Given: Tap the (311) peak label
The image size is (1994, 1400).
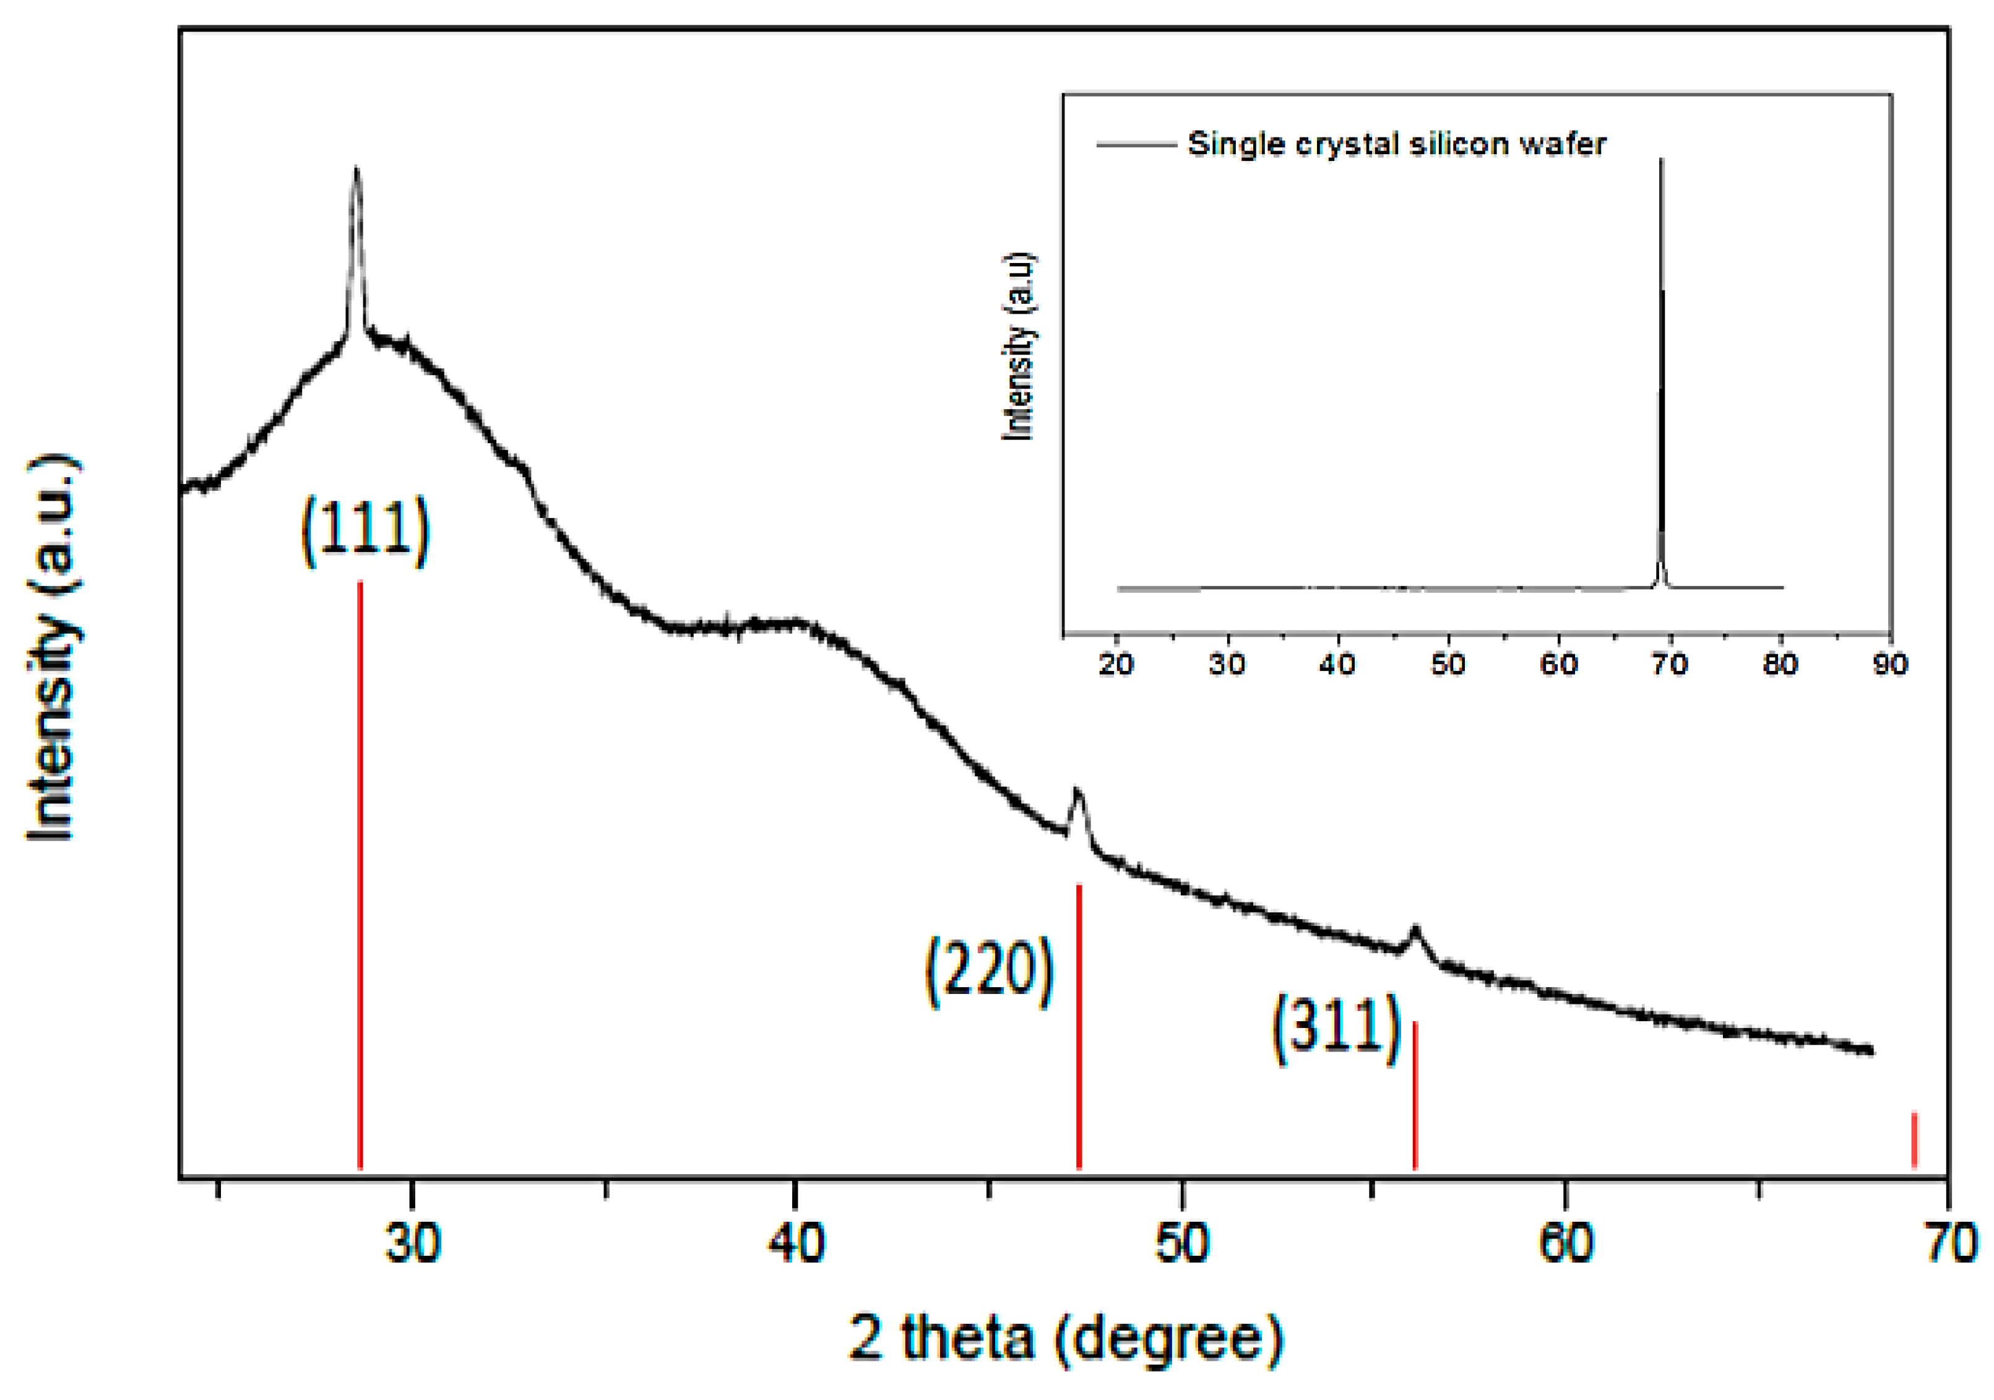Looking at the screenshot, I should [x=1337, y=1028].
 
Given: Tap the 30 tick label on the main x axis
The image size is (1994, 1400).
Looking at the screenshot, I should [x=413, y=1243].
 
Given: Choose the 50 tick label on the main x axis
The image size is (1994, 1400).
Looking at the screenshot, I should [x=1182, y=1243].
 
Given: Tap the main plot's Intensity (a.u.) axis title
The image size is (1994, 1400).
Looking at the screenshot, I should [x=52, y=647].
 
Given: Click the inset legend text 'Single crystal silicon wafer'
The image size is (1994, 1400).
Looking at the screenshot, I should [x=1397, y=144].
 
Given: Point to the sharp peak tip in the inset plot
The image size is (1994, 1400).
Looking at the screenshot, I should [x=1662, y=161].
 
